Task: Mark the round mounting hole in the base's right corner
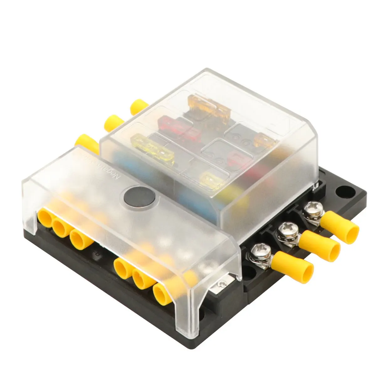(x=345, y=191)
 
